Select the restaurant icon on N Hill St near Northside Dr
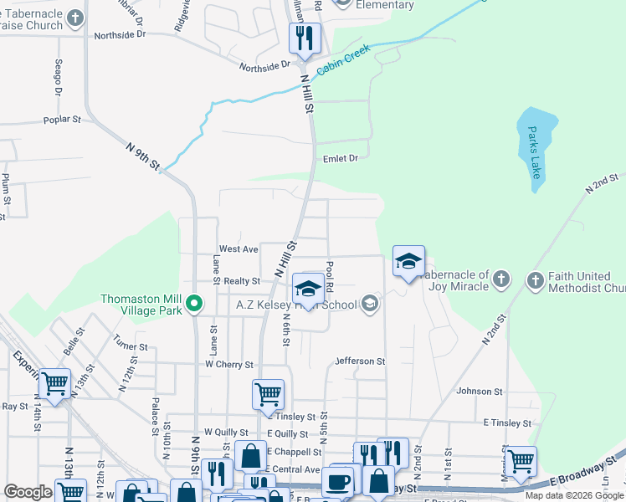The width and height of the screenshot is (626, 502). click(304, 38)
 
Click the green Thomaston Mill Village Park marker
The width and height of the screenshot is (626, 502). click(195, 303)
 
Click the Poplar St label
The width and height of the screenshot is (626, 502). click(62, 120)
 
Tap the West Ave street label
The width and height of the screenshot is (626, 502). click(239, 249)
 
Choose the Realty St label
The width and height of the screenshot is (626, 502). click(243, 282)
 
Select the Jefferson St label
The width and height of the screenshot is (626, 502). click(360, 361)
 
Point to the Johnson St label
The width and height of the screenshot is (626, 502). click(480, 391)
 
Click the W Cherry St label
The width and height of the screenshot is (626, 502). click(228, 365)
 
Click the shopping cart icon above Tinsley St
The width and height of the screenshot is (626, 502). click(268, 393)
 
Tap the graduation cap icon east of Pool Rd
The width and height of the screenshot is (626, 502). click(408, 262)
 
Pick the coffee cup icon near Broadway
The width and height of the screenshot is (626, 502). click(339, 481)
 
